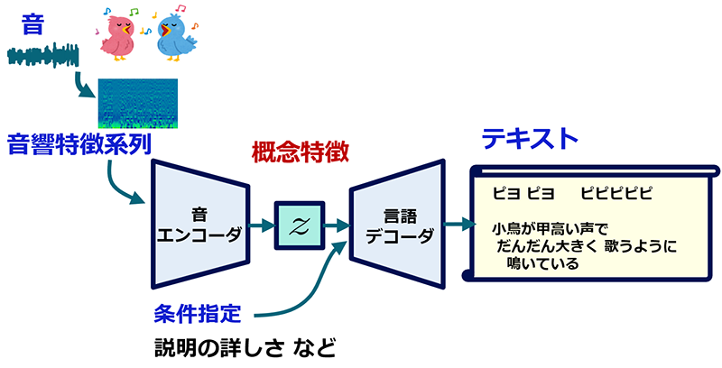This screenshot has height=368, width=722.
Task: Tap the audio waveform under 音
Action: point(42,59)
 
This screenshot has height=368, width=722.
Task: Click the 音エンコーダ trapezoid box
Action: point(200,225)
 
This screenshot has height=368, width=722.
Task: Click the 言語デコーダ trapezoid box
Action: point(397,225)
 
